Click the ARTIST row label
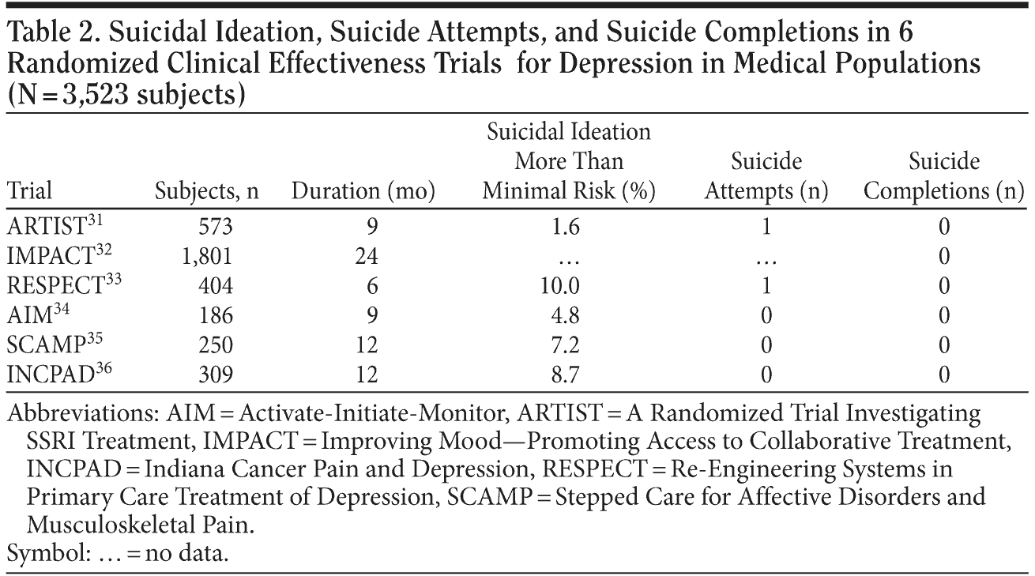(46, 228)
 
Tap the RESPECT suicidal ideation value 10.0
(566, 286)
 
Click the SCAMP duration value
(367, 345)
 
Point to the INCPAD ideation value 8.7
(566, 375)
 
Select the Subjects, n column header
(207, 192)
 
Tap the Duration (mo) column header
(363, 192)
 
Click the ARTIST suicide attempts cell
(765, 228)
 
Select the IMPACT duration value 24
(367, 257)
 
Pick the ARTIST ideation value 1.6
(566, 228)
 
